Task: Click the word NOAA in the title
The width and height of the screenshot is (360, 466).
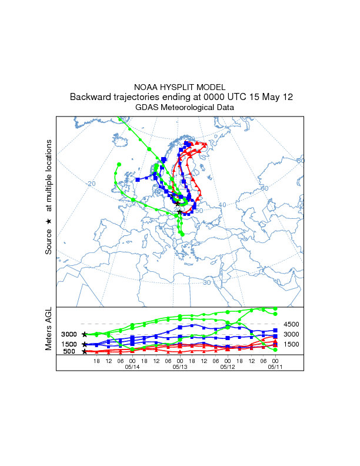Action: [146, 86]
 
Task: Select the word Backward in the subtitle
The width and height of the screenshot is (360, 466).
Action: [93, 97]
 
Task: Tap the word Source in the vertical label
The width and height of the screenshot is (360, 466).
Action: [49, 242]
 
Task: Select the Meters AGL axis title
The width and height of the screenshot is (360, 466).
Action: [49, 329]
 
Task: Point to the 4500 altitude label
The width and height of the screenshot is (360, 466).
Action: [292, 324]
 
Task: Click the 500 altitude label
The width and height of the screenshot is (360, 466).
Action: [69, 352]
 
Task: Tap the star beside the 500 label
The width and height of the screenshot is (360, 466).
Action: [85, 352]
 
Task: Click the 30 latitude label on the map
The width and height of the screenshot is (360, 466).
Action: [206, 282]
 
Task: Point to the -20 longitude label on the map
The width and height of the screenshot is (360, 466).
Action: [91, 184]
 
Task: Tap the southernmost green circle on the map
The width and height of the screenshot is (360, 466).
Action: [182, 234]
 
